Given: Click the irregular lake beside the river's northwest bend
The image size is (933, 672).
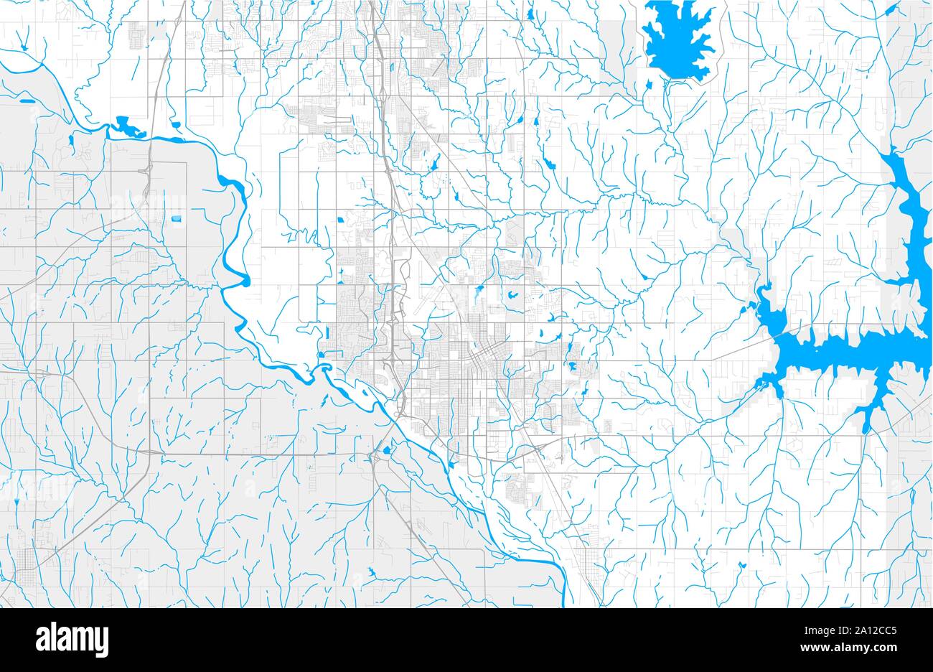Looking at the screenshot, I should tap(126, 128).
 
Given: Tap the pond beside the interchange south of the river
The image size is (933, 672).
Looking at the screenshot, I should tap(388, 450).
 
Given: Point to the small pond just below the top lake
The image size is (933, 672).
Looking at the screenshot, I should tap(648, 85).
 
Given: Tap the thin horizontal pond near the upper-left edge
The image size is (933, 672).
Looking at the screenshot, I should tap(27, 101).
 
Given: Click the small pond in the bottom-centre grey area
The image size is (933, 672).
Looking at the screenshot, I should tap(372, 572).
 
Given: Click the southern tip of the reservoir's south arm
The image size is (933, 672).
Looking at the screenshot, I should tap(867, 429).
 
